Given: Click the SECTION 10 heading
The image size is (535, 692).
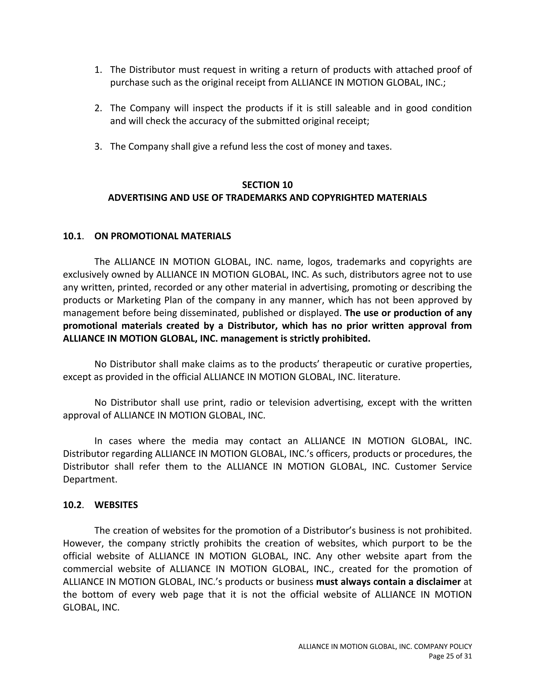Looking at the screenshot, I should [x=267, y=185].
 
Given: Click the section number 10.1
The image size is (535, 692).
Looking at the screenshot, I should [x=73, y=236].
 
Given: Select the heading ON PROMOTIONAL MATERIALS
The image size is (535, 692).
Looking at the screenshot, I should [x=162, y=236].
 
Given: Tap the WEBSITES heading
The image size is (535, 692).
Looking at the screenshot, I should [x=116, y=505].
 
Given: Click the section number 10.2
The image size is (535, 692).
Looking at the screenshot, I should [x=73, y=505].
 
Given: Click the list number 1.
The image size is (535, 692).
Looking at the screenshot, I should [x=98, y=70].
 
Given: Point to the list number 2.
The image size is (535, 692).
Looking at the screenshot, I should [x=98, y=108].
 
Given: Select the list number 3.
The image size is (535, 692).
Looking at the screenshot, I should [x=98, y=147].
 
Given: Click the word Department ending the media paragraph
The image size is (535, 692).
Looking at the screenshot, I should [x=90, y=479].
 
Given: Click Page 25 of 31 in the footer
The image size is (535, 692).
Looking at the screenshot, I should [x=450, y=656].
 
